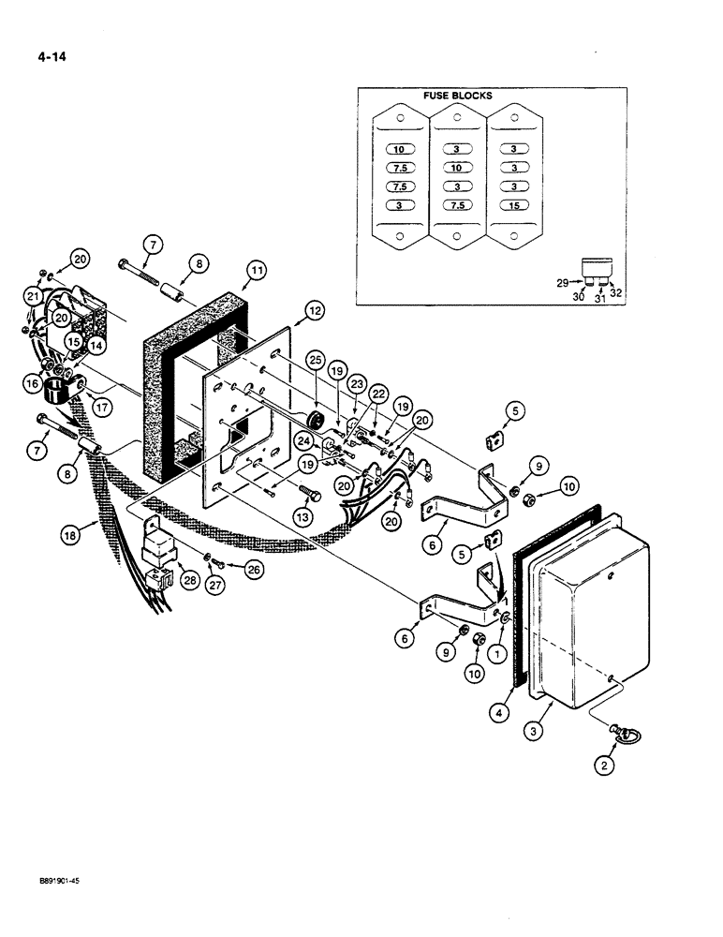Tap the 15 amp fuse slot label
tap(514, 205)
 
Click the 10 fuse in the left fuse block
tap(400, 149)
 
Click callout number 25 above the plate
tap(314, 360)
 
